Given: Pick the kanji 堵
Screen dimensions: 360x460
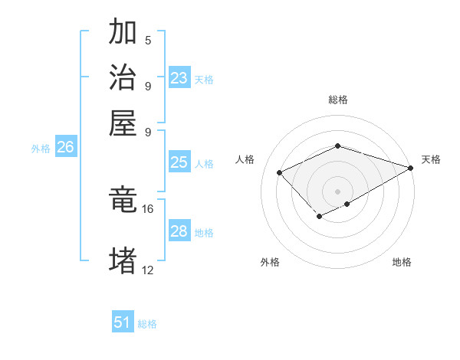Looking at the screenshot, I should coord(123,260).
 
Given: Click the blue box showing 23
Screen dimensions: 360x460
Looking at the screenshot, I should coord(179,78).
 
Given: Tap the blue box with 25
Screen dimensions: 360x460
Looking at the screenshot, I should coord(179,162).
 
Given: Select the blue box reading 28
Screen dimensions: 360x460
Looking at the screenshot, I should coord(179,231).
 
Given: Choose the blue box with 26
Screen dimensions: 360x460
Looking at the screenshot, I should coord(65,148).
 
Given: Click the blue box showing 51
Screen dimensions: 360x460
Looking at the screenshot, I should coord(123,322).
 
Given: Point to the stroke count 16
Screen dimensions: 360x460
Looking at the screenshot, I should coord(147,208).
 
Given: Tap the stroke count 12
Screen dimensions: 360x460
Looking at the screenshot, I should coord(147,270).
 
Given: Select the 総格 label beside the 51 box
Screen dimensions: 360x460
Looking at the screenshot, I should coord(147,324).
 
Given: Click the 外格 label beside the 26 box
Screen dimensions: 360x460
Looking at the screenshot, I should coord(41,149).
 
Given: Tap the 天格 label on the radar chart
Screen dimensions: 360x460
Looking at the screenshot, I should coord(431,159).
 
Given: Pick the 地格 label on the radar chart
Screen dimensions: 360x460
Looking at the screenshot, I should coord(402,263).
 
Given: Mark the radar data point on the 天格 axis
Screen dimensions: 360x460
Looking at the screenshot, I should coord(412,168).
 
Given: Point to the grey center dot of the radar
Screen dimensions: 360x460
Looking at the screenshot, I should coord(337,191).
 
